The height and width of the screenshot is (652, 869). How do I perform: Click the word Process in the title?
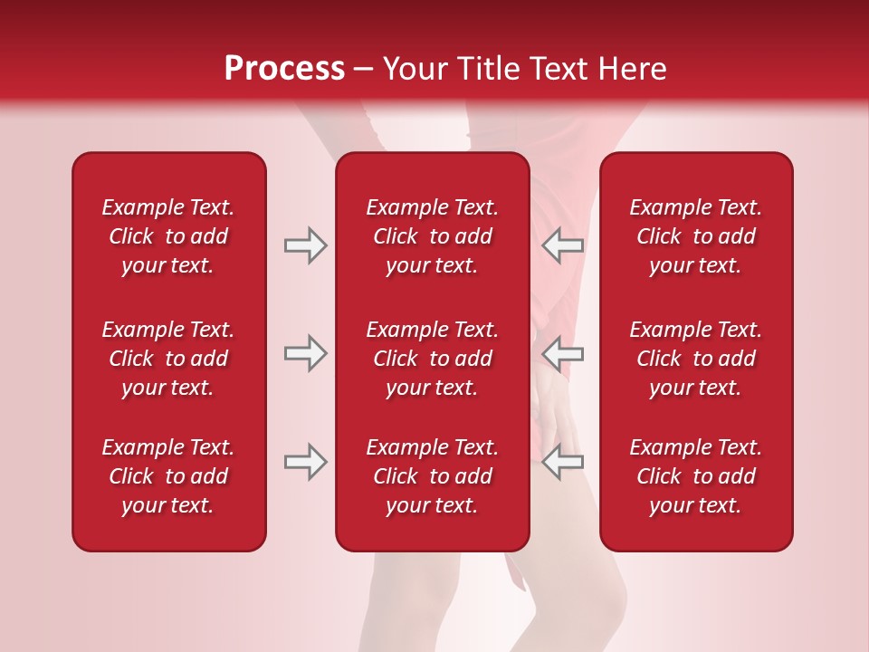pos(284,69)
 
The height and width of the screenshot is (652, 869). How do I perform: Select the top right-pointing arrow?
pos(305,245)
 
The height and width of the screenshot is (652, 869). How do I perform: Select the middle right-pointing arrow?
pos(305,353)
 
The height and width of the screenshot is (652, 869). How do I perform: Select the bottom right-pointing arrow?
pos(305,462)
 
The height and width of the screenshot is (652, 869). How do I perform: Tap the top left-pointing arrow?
pos(563,245)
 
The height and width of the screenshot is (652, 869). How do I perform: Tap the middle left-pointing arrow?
pos(563,353)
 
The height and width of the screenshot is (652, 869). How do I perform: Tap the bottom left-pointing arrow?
pos(563,462)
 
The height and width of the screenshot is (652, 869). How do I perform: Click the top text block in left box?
pos(168,236)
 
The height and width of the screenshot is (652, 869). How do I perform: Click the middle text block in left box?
pos(168,359)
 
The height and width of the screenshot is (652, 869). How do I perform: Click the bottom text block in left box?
pos(168,476)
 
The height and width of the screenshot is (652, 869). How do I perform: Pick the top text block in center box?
pos(432,236)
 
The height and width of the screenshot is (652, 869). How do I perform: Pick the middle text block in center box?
pos(432,359)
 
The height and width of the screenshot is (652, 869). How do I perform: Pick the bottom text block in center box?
pos(432,476)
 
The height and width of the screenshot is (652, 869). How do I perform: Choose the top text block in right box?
pos(695,236)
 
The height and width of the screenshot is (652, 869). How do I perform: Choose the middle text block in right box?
pos(695,359)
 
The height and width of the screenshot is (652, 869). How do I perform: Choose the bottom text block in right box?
pos(695,476)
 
